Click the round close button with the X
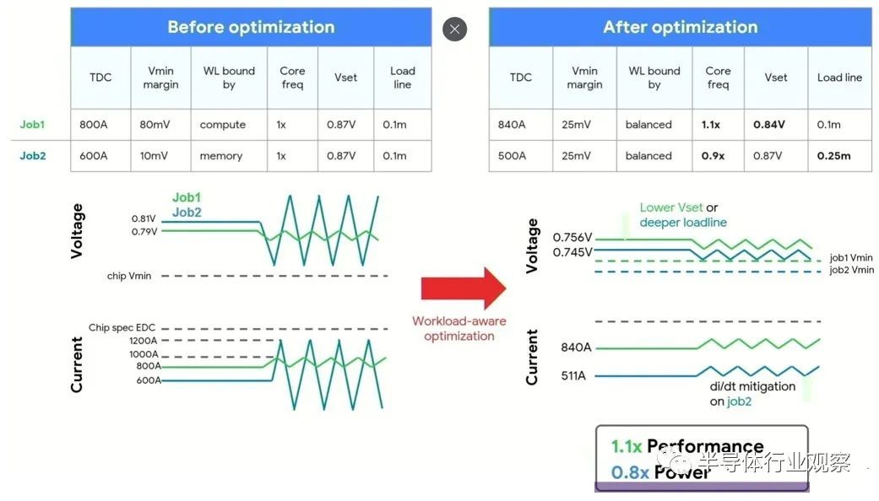click(x=454, y=30)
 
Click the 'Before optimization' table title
click(x=251, y=27)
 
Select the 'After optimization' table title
click(x=680, y=27)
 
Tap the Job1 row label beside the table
click(x=32, y=124)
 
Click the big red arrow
click(x=464, y=288)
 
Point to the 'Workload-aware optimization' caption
click(x=459, y=329)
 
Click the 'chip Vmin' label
click(x=129, y=276)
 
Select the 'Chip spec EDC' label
click(x=122, y=327)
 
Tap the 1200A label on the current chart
click(x=143, y=341)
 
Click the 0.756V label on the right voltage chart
click(x=572, y=237)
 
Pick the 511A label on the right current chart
click(x=573, y=375)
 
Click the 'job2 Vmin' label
click(x=851, y=270)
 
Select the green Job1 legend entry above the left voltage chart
click(x=186, y=197)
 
